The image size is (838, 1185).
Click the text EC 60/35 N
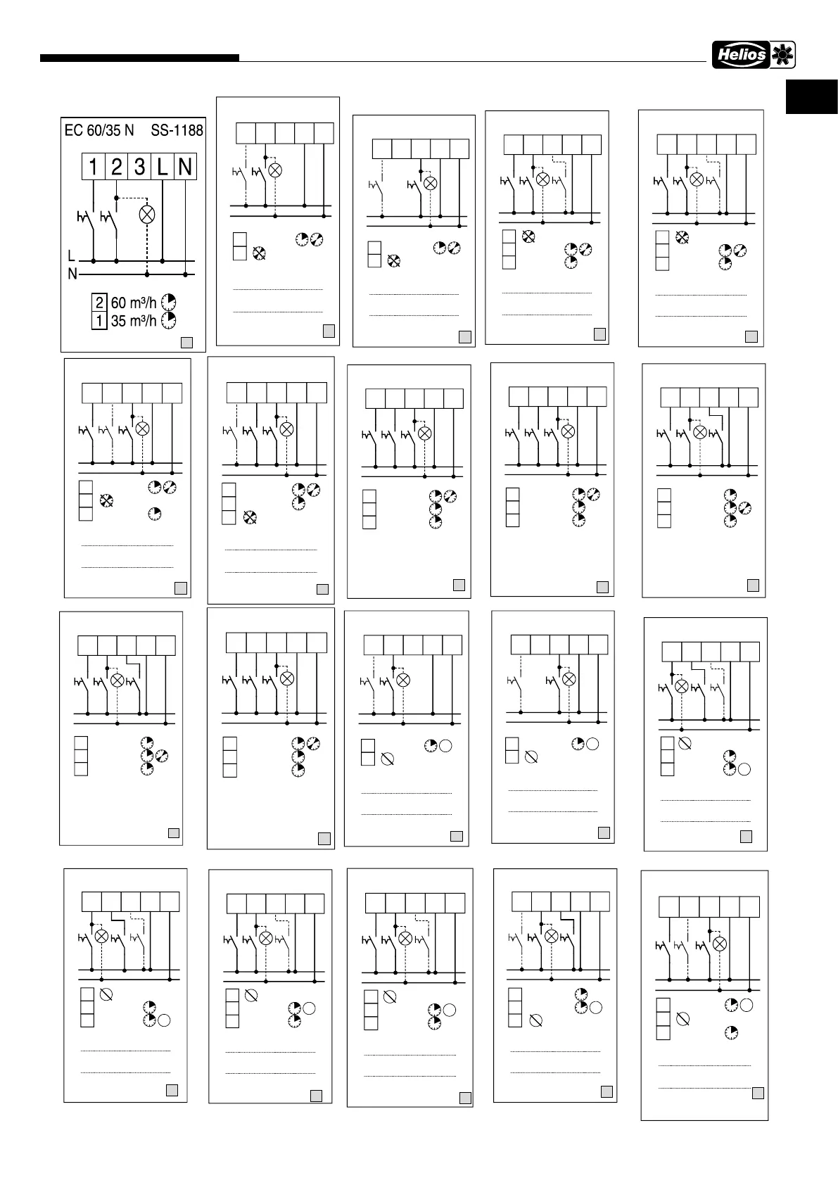pyautogui.click(x=99, y=130)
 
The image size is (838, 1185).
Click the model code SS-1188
pyautogui.click(x=177, y=130)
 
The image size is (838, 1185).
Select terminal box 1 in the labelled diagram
pyautogui.click(x=93, y=167)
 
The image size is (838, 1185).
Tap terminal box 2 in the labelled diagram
pyautogui.click(x=117, y=167)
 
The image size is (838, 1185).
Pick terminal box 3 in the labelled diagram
pyautogui.click(x=140, y=167)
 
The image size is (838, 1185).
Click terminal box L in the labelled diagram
pyautogui.click(x=163, y=167)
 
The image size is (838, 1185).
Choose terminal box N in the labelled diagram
pyautogui.click(x=185, y=167)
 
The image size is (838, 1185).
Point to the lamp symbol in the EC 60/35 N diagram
pyautogui.click(x=147, y=215)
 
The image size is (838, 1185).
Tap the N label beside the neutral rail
pyautogui.click(x=72, y=274)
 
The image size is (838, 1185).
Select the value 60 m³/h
pyautogui.click(x=134, y=303)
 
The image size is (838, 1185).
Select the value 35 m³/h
pyautogui.click(x=134, y=321)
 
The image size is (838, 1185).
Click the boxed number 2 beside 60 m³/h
pyautogui.click(x=99, y=303)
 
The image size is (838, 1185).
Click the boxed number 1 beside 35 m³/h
pyautogui.click(x=99, y=321)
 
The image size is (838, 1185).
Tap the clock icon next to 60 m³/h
pyautogui.click(x=168, y=303)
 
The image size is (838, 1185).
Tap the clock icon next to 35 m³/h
pyautogui.click(x=168, y=321)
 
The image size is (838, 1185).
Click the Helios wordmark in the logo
pyautogui.click(x=741, y=55)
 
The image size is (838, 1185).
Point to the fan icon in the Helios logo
pyautogui.click(x=782, y=55)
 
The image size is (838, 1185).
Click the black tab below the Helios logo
pyautogui.click(x=811, y=97)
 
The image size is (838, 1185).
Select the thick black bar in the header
pyautogui.click(x=139, y=58)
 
